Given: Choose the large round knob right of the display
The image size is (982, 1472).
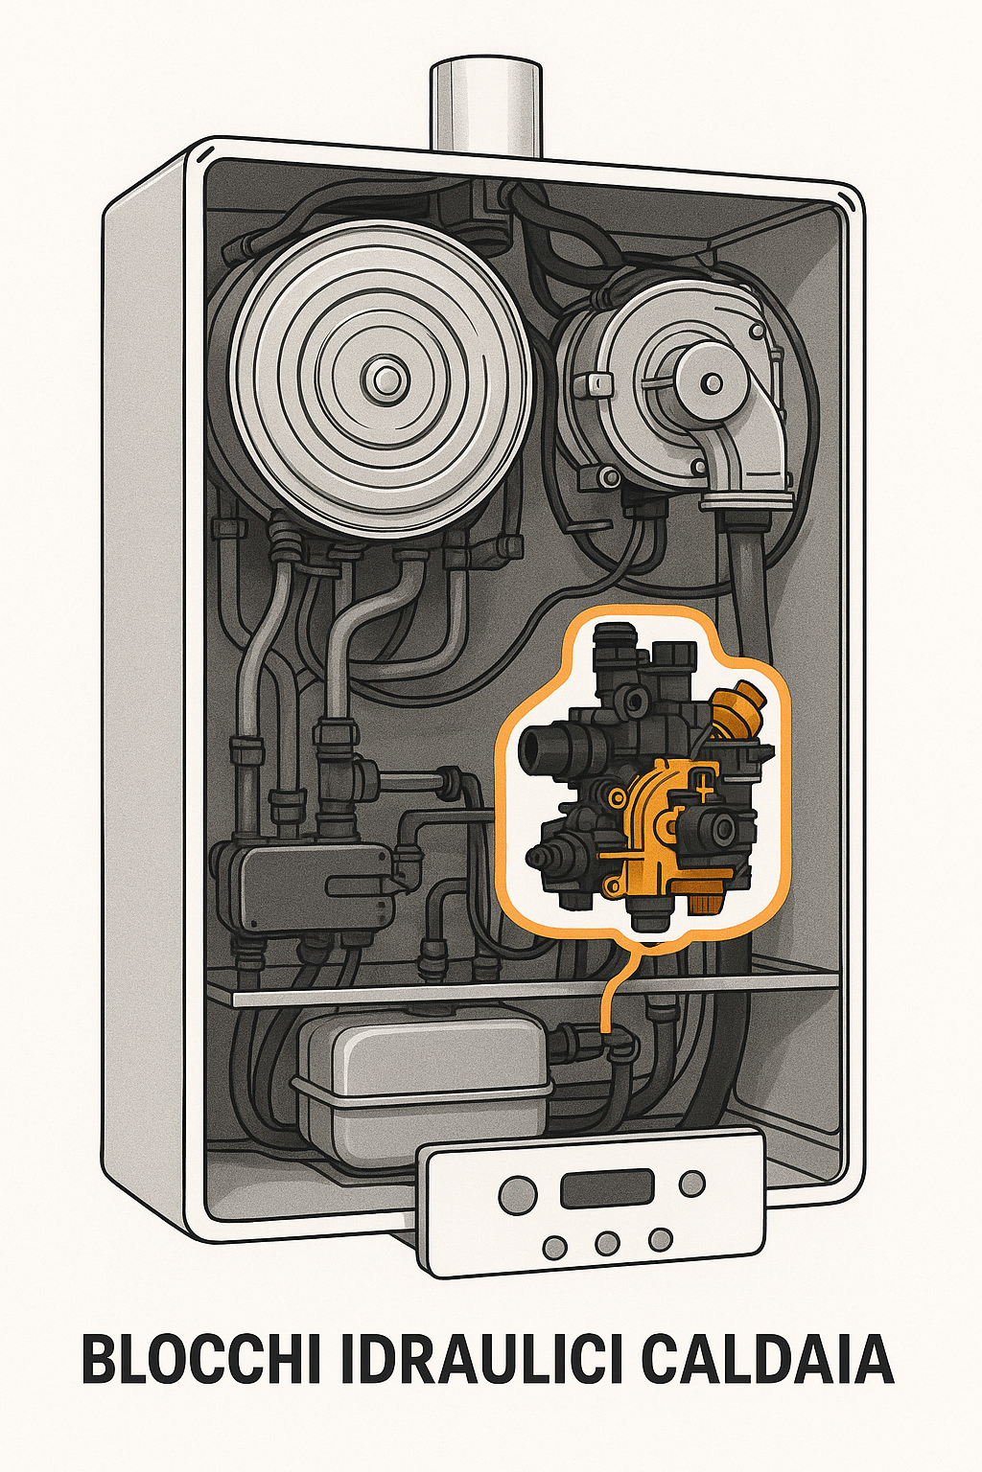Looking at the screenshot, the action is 690,1184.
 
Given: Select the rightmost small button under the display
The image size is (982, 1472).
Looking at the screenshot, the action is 660,1239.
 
